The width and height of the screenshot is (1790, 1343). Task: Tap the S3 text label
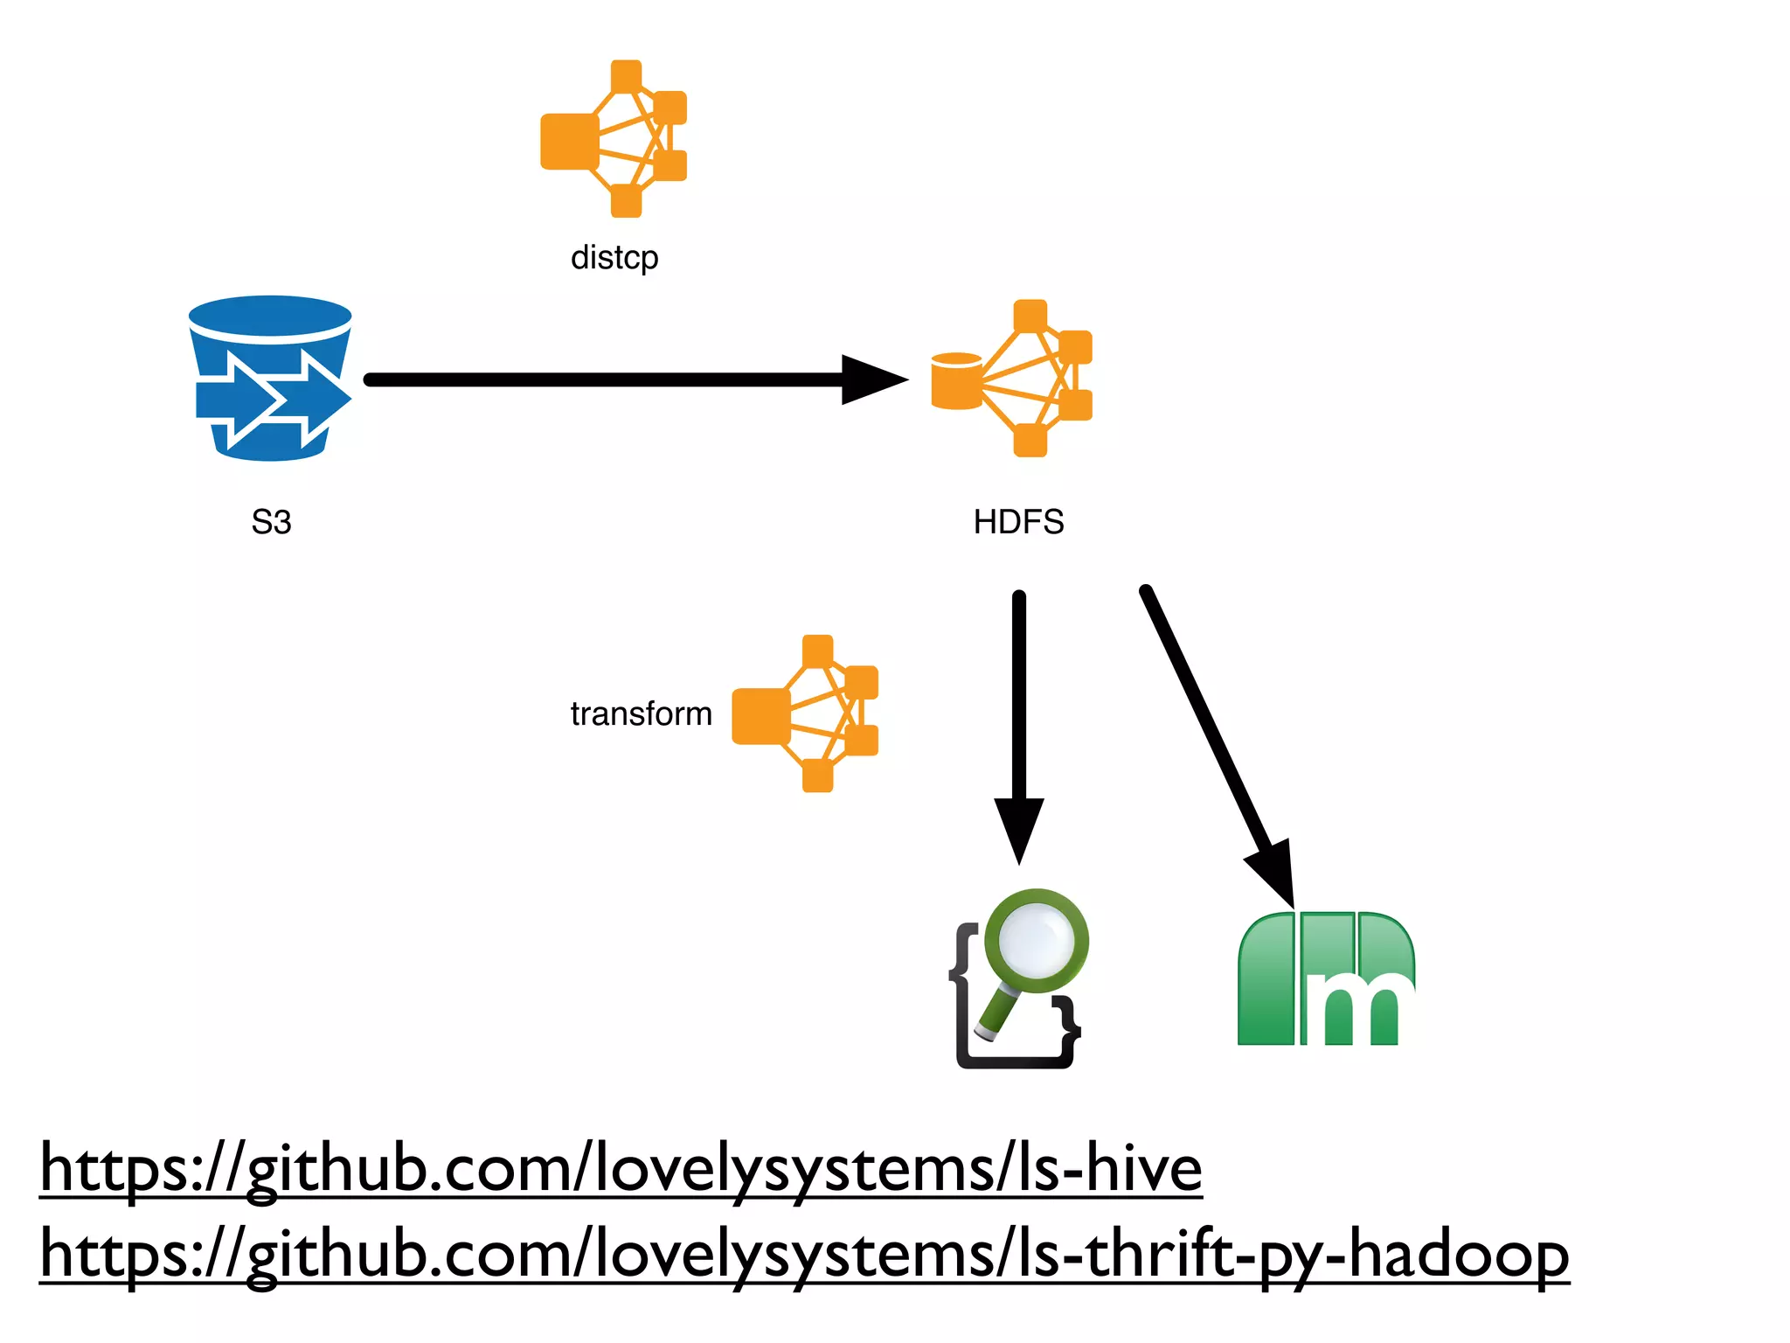[271, 522]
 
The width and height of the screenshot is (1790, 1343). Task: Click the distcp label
[614, 258]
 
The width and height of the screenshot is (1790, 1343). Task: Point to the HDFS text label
[1018, 522]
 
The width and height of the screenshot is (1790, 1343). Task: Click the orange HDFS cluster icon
[1031, 379]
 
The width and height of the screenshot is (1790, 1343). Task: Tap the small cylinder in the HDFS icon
[956, 381]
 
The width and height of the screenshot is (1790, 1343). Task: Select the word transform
[641, 714]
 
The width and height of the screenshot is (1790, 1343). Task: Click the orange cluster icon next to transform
[805, 714]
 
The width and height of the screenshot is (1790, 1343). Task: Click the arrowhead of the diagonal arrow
[1273, 870]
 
